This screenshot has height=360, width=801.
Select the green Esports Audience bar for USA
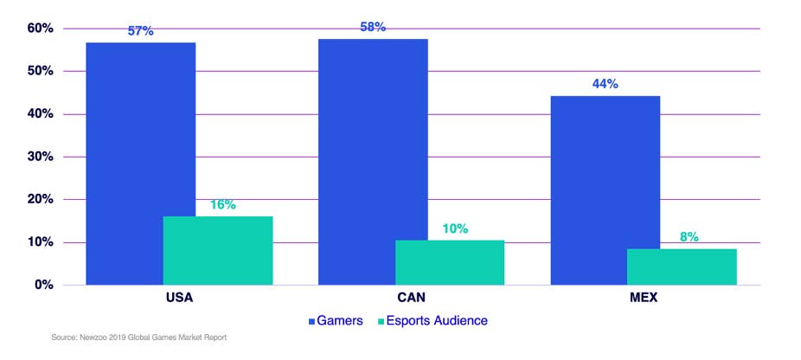click(x=218, y=250)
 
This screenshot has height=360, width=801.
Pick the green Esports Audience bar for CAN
click(x=450, y=262)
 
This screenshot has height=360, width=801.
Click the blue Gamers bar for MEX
click(x=606, y=190)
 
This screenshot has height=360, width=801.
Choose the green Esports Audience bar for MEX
click(x=682, y=267)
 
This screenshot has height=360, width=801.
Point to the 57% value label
click(x=140, y=31)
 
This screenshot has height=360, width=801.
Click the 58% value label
click(x=373, y=27)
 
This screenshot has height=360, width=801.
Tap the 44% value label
click(x=606, y=84)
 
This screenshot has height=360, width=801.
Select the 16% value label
click(x=222, y=205)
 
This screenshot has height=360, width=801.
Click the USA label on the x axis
click(x=179, y=298)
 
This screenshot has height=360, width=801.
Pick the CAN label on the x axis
click(x=412, y=298)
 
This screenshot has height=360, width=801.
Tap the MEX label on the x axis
click(x=644, y=298)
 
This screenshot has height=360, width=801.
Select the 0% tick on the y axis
click(x=45, y=285)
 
